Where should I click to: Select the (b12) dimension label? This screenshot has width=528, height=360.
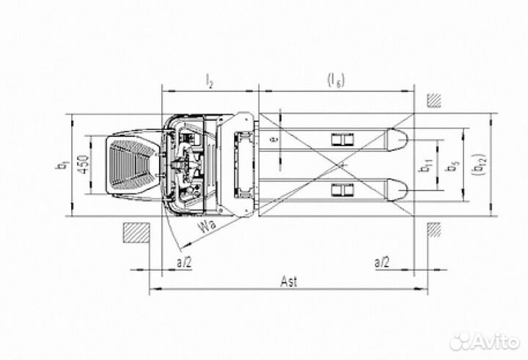pos(480,166)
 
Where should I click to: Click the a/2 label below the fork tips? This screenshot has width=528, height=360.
pos(381,260)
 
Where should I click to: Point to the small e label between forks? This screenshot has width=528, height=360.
pos(273,138)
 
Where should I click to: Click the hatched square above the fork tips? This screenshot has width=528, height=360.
pos(436,100)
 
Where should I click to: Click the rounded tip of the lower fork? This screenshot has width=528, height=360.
pos(397,190)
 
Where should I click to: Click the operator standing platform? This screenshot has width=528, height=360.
pos(132,165)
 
